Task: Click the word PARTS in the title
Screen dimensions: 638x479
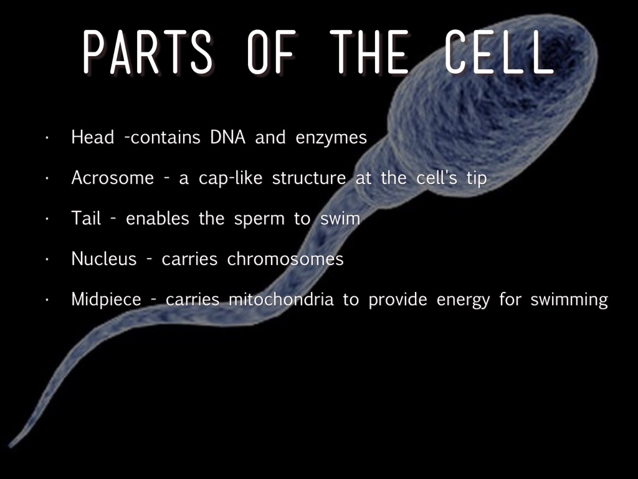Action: click(148, 52)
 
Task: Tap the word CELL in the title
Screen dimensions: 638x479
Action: click(499, 52)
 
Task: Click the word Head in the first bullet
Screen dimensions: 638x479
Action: click(92, 137)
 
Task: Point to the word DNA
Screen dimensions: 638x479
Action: click(228, 137)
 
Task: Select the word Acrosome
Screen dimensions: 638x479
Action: click(113, 178)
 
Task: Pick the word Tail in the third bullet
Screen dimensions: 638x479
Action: click(86, 218)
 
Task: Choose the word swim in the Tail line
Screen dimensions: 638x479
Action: click(340, 218)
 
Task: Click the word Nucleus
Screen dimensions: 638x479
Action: click(104, 259)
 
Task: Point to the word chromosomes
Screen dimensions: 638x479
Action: click(285, 259)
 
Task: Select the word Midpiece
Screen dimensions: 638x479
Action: click(106, 300)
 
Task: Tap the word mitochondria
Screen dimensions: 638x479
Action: click(281, 299)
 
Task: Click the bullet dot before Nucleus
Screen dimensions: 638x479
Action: click(47, 259)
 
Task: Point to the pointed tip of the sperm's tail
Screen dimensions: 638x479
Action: click(10, 446)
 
